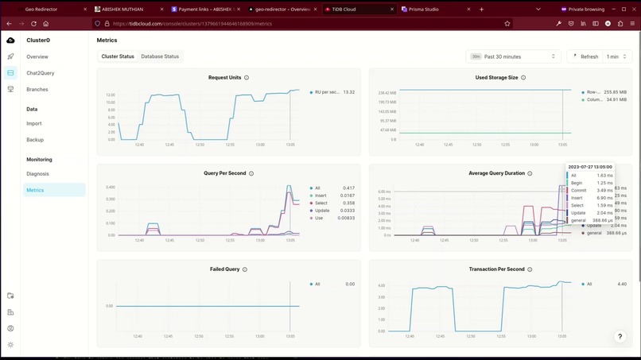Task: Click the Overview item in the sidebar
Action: [37, 57]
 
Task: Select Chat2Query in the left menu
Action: [40, 73]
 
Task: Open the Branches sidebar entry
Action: [37, 90]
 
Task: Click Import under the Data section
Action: [33, 123]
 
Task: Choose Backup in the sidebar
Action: [35, 140]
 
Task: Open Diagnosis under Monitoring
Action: [37, 173]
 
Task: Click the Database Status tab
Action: [160, 56]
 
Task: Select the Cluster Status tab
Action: [118, 56]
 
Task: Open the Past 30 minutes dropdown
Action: [514, 56]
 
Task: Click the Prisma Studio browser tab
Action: [425, 10]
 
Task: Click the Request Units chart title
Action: [224, 78]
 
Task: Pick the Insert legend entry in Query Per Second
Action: [322, 195]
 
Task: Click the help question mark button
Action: [620, 337]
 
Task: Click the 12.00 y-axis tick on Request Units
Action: [111, 95]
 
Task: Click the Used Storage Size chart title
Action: [496, 78]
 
